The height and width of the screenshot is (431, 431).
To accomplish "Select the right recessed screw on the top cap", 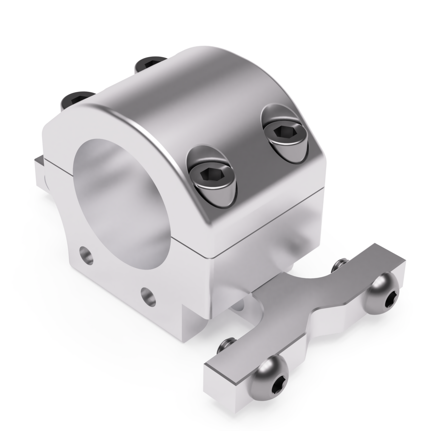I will point(282,133).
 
